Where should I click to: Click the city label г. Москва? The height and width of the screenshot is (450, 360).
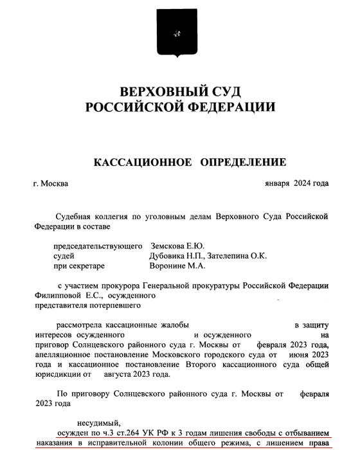click(x=50, y=184)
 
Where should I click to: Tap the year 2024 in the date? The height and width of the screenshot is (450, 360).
click(x=301, y=184)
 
